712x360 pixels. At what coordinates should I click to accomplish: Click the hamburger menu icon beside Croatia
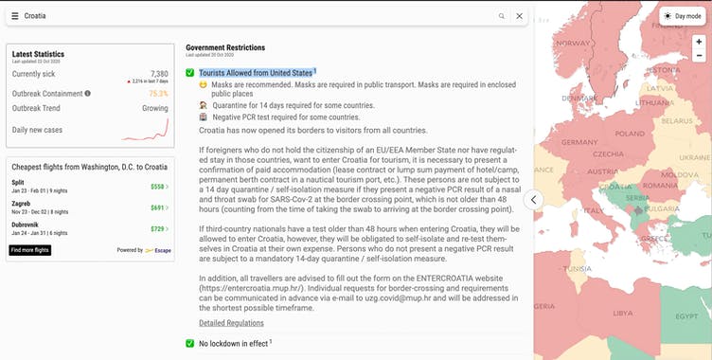(15, 16)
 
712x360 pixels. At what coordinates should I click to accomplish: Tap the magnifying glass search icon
(501, 16)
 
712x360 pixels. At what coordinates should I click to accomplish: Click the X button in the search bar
(519, 16)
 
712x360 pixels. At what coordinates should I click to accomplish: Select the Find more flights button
(30, 250)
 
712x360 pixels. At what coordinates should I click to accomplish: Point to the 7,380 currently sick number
(159, 73)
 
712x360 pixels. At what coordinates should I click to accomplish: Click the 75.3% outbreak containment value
(158, 94)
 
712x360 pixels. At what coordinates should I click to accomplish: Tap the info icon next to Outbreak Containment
(88, 94)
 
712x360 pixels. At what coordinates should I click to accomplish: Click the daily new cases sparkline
(154, 129)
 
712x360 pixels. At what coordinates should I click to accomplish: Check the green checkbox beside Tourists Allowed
(190, 73)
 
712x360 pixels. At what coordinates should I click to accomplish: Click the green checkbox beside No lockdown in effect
(190, 343)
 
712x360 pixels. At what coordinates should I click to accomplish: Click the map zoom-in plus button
(699, 43)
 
